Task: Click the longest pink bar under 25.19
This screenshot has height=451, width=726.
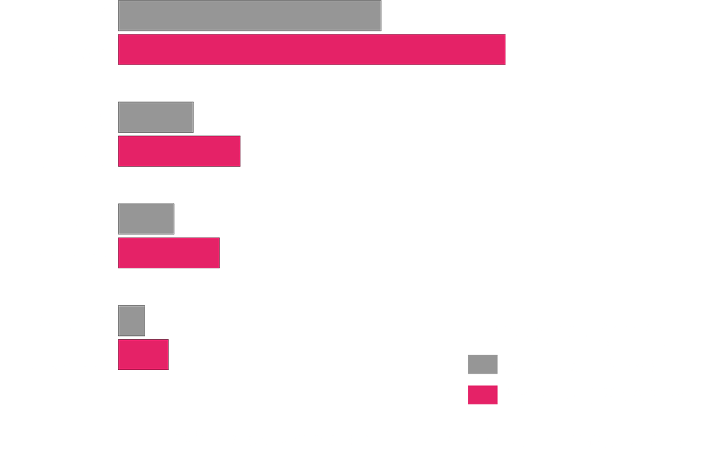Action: pos(312,50)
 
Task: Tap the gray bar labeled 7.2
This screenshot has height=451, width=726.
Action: pos(156,118)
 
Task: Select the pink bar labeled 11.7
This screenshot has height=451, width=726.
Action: pos(179,151)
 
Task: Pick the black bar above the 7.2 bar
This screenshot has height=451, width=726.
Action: pos(156,92)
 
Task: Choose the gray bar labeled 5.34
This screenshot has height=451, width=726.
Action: pos(146,219)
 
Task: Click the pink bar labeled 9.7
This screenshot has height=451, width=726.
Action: pos(169,253)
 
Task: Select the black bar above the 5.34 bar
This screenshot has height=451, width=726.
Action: pos(146,194)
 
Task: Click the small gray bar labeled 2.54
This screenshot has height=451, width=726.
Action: pos(132,321)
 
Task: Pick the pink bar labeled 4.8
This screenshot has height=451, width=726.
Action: pos(143,355)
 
